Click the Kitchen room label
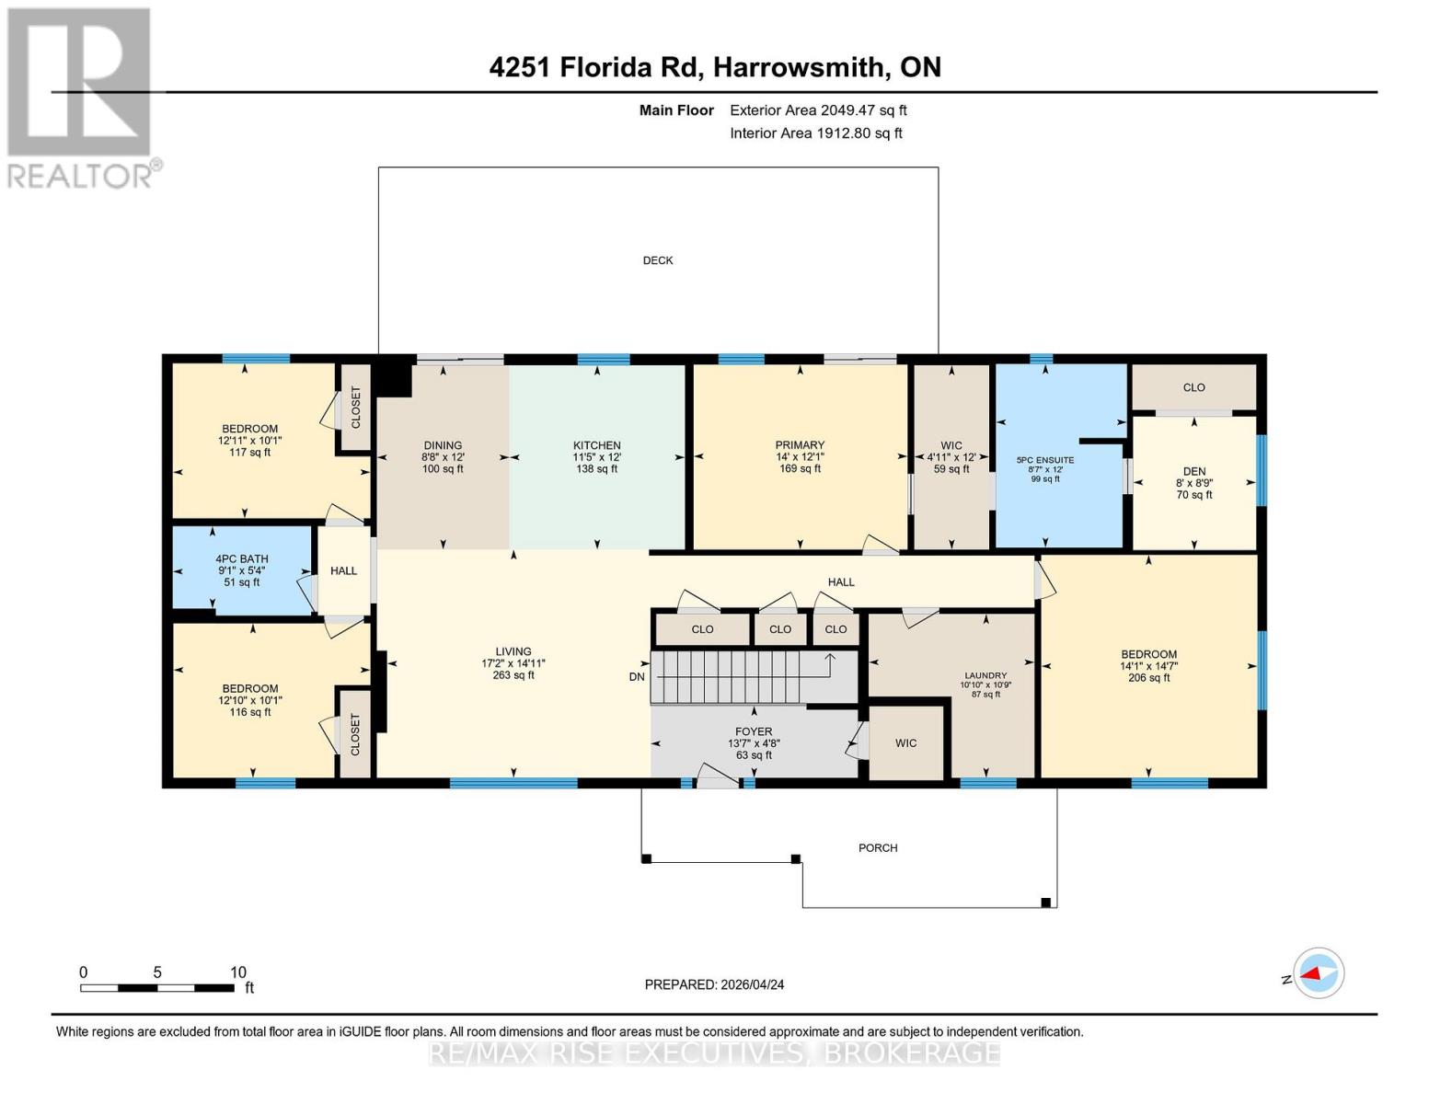pos(596,445)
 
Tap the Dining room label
pos(443,445)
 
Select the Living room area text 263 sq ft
pos(513,675)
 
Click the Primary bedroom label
pos(800,445)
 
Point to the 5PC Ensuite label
pos(1045,460)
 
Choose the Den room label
pos(1194,471)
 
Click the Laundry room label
pos(985,674)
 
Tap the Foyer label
pos(754,732)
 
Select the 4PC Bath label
pos(242,558)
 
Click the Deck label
pos(658,260)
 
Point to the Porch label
pos(878,848)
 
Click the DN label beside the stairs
pos(637,677)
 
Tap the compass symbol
pos(1319,973)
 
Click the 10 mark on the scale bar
pos(238,972)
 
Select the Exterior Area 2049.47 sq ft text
pos(818,110)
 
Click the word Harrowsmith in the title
pos(801,67)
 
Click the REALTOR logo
pos(81,97)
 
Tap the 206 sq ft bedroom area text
pos(1148,678)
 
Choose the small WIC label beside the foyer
pos(906,743)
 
